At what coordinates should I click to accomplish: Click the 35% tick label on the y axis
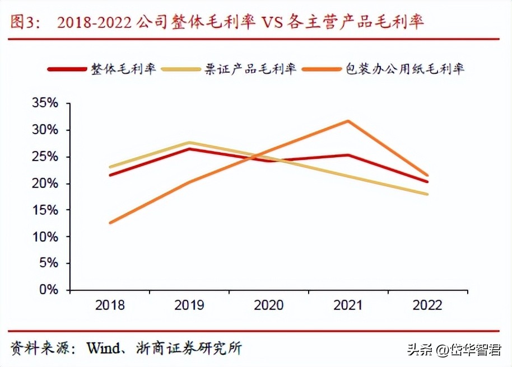[x=45, y=103]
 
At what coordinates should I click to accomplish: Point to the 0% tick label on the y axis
[x=49, y=290]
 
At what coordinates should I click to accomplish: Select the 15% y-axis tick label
[x=45, y=210]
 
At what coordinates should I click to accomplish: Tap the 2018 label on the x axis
[x=110, y=305]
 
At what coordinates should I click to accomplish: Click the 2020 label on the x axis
[x=269, y=305]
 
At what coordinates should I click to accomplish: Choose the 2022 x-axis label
[x=427, y=305]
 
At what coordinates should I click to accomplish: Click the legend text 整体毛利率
[x=124, y=69]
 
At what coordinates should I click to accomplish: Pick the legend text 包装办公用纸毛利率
[x=405, y=69]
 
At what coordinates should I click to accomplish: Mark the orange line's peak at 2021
[x=348, y=121]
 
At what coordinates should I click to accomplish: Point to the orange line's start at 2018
[x=110, y=223]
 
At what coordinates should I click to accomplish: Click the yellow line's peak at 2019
[x=189, y=143]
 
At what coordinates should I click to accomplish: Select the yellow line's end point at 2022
[x=427, y=194]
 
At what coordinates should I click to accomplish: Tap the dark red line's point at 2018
[x=110, y=175]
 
